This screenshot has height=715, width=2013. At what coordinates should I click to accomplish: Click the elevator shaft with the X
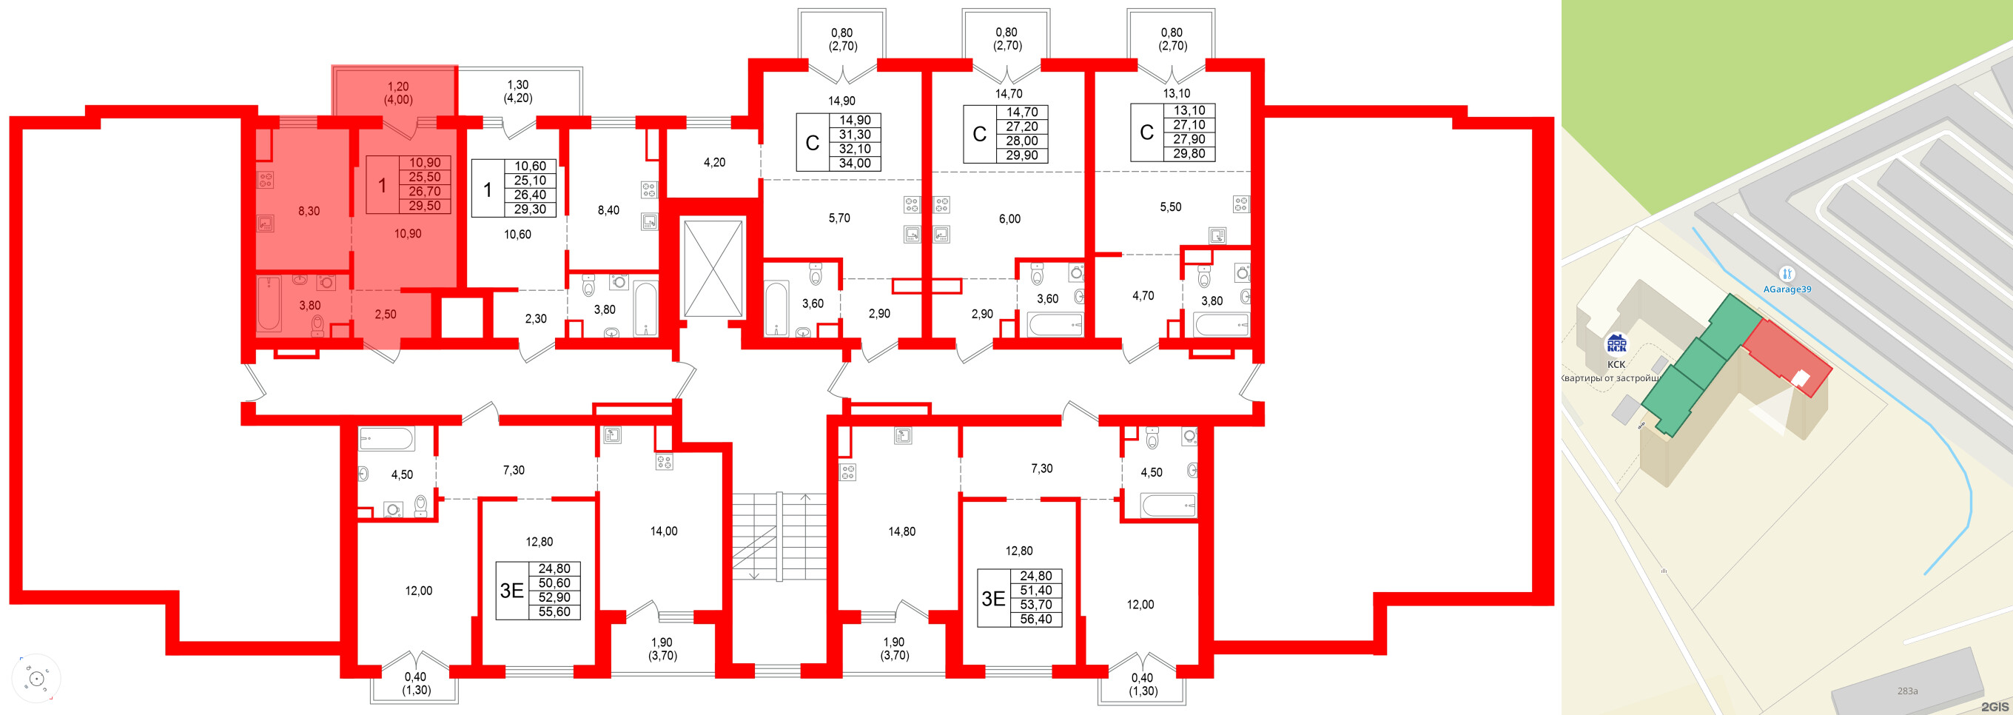(713, 268)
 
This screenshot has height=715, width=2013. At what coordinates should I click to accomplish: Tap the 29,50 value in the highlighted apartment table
(424, 207)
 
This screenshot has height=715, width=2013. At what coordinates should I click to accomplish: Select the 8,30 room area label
(309, 211)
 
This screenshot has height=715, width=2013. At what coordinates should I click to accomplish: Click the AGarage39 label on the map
(1787, 289)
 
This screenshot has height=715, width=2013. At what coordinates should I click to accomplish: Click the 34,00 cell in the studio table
(855, 164)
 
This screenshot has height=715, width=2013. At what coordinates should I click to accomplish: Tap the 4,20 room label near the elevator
(714, 163)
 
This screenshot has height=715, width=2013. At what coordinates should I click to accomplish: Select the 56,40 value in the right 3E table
(1035, 619)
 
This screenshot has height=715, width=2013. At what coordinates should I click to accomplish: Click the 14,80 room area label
(902, 531)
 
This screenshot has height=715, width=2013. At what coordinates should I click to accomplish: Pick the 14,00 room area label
(663, 531)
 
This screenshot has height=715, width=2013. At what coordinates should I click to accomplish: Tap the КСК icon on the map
(1616, 344)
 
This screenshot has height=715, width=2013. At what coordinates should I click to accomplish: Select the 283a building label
(1907, 691)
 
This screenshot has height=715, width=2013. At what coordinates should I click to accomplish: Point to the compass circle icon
(36, 678)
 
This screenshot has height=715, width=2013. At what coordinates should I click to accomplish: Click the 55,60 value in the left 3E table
(554, 612)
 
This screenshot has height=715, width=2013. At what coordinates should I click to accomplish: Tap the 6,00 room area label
(1009, 220)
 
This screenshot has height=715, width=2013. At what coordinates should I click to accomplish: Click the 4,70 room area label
(1143, 296)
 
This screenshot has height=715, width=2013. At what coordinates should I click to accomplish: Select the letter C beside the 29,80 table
(1146, 132)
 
